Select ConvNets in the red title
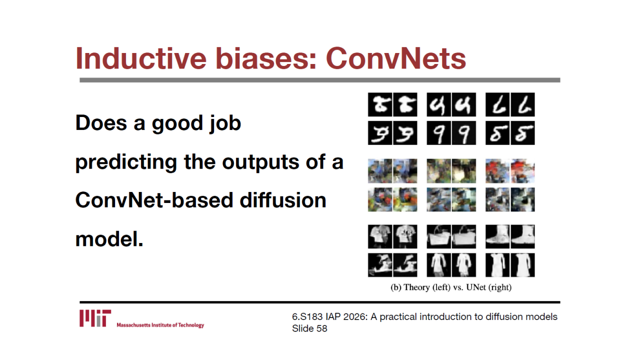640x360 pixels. coord(396,59)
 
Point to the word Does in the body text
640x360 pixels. coord(101,123)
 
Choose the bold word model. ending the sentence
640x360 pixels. coord(109,239)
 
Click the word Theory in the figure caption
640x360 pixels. coord(416,287)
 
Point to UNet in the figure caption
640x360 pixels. coord(476,287)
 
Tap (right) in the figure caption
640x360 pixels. coord(500,287)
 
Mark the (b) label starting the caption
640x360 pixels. coord(396,287)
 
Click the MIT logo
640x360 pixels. coord(95,318)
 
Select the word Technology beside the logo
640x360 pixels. coord(191,325)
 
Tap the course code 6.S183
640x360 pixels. coord(307,317)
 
